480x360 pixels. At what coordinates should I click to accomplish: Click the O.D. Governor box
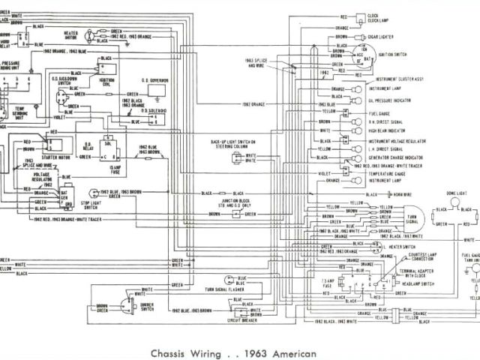(156, 90)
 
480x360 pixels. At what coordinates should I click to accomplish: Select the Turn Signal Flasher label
(227, 289)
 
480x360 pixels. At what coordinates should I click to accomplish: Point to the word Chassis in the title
(167, 352)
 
